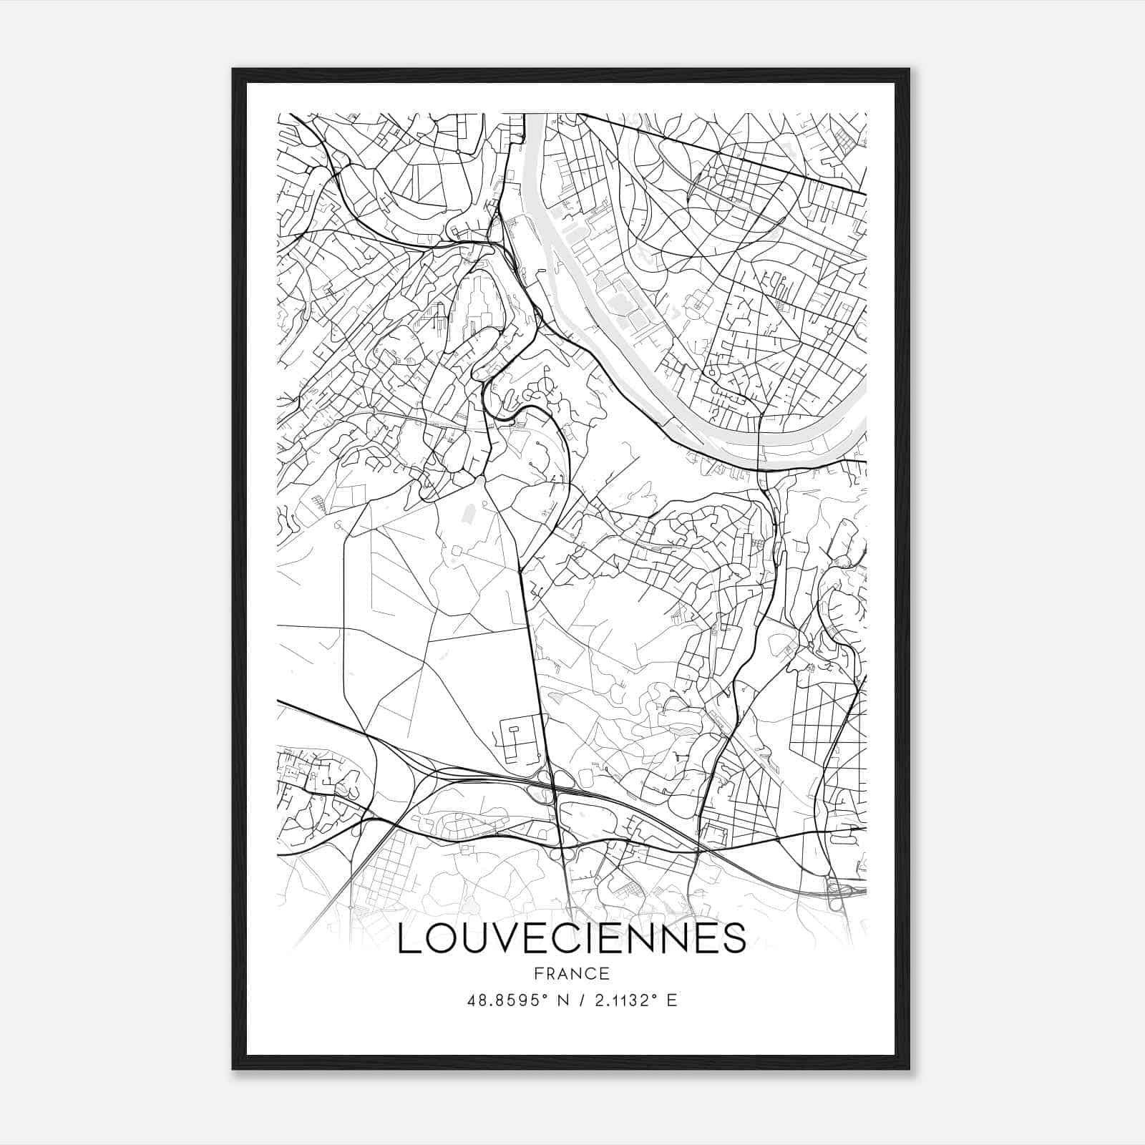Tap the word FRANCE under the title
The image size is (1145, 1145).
click(x=571, y=973)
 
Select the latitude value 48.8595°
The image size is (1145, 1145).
click(x=507, y=1000)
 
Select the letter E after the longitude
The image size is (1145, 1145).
click(x=671, y=1000)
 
